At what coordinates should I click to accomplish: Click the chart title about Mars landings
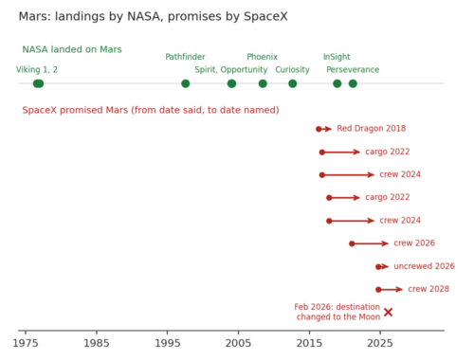coord(154,17)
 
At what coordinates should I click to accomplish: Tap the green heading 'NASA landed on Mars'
coord(72,49)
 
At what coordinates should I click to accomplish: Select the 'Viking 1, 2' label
coord(37,70)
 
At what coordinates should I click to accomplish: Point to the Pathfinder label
coord(185,57)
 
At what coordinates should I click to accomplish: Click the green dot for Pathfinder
coord(186,83)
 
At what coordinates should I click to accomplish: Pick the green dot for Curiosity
coord(293,83)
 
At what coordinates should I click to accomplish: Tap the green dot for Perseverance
coord(353,83)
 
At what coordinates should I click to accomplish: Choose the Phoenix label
coord(263,57)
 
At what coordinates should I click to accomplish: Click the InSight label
coord(337,57)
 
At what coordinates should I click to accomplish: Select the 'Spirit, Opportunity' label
coord(231,70)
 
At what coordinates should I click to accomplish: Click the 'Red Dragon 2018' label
coord(372,129)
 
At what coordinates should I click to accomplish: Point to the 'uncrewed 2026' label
coord(425,266)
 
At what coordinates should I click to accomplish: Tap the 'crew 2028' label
coord(428,289)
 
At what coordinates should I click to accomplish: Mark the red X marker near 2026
coord(389,313)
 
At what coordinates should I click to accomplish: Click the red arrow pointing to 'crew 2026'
coord(370,243)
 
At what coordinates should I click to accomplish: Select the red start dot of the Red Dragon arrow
coord(319,129)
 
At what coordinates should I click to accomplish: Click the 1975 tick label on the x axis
coord(26,343)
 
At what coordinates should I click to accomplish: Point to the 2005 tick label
coord(238,343)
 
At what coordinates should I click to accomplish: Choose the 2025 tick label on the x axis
coord(380,343)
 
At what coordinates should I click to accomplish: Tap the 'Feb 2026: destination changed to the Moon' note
coord(337,312)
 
